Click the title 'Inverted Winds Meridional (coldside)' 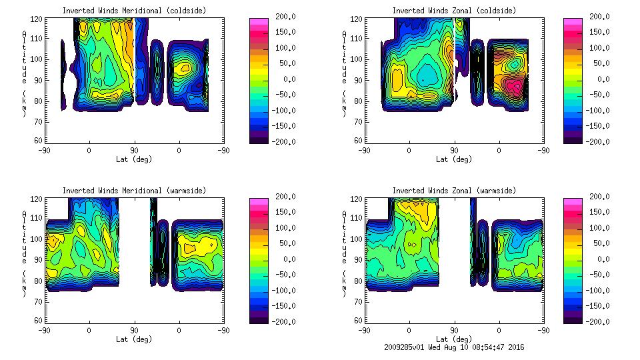point(135,11)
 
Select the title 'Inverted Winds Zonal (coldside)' point(454,11)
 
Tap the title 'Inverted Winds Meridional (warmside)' point(135,191)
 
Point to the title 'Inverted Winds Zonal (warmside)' point(454,191)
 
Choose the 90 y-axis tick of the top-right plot point(359,80)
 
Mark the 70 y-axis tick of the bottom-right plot point(359,301)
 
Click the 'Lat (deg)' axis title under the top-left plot point(135,159)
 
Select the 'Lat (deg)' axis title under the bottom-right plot point(454,339)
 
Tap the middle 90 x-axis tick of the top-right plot point(454,150)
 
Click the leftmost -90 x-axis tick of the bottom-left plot point(45,330)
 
